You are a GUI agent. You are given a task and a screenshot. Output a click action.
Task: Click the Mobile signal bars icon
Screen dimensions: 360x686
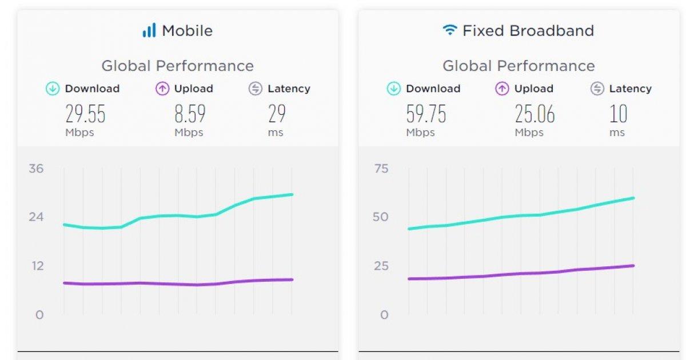pos(149,30)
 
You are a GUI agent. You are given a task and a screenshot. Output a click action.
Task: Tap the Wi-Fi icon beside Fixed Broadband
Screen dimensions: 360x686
pos(450,30)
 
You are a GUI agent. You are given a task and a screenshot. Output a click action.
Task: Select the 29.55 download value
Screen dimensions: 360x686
pos(85,114)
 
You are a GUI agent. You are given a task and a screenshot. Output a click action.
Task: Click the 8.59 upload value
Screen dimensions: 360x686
pos(189,114)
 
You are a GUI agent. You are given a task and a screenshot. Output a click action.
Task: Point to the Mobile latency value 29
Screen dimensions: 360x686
pos(277,114)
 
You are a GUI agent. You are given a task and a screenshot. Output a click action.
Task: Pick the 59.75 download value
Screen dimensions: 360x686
pos(426,114)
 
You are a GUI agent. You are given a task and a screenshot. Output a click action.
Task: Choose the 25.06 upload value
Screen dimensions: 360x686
pos(535,114)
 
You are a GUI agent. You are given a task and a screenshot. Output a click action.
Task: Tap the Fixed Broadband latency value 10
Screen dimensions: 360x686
pos(618,114)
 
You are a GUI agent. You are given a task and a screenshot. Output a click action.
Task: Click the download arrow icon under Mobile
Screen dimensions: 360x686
pos(53,89)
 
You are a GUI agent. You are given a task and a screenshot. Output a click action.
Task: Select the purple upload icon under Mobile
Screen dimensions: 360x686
pos(162,89)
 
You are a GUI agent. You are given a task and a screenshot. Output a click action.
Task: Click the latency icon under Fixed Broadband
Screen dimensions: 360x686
pos(597,89)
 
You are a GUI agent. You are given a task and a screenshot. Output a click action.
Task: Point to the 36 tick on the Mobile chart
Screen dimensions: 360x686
pos(37,169)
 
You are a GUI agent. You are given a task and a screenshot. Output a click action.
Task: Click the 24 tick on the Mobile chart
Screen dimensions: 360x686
pos(37,217)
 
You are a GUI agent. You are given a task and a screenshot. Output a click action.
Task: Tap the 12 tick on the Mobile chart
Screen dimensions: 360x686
pos(38,266)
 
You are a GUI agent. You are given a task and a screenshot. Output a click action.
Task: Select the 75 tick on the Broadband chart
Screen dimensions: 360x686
pos(381,169)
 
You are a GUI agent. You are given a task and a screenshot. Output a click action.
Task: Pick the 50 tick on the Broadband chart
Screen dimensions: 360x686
pos(381,217)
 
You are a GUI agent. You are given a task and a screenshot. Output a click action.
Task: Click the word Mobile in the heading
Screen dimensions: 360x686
pos(187,30)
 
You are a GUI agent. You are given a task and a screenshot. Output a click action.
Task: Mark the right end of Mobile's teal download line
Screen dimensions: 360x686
pos(292,195)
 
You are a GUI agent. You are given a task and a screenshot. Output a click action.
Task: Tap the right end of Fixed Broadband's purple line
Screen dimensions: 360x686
pos(633,266)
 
